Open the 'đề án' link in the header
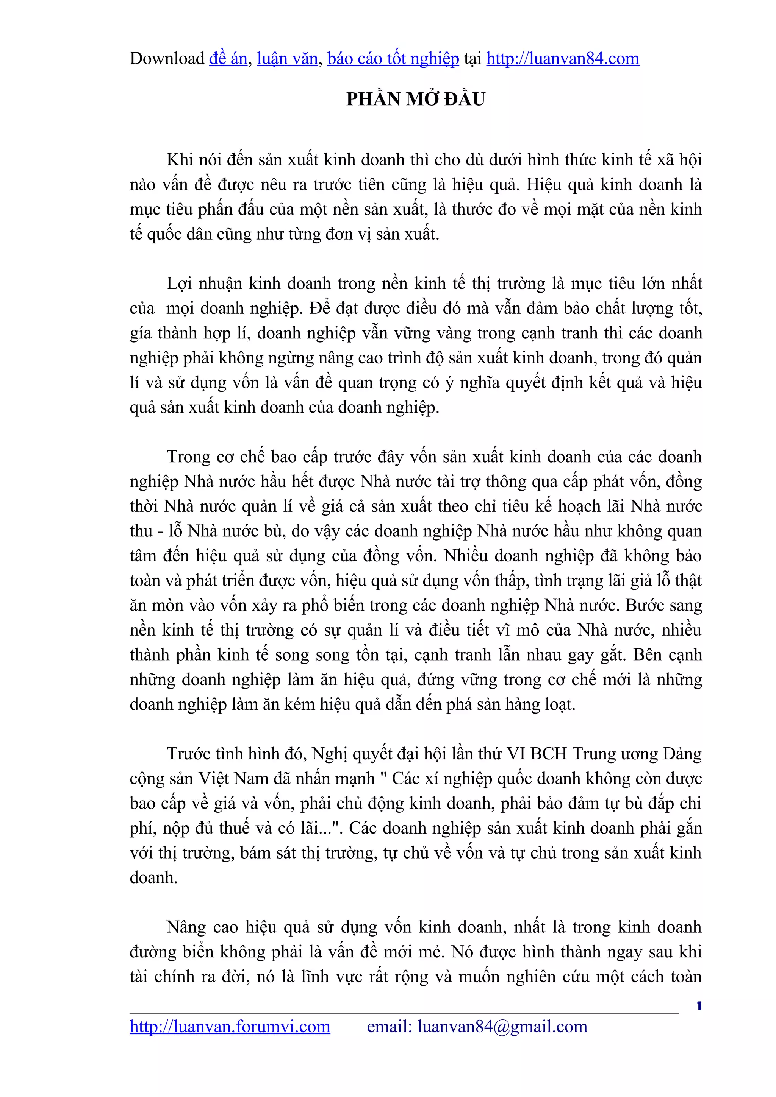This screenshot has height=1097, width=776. (x=228, y=59)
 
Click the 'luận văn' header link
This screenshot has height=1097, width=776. (x=287, y=59)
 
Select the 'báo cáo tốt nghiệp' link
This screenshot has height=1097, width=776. (x=393, y=59)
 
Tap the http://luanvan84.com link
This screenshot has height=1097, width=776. (x=562, y=59)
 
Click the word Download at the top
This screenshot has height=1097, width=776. (x=167, y=59)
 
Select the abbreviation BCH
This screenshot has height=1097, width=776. (x=548, y=753)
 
